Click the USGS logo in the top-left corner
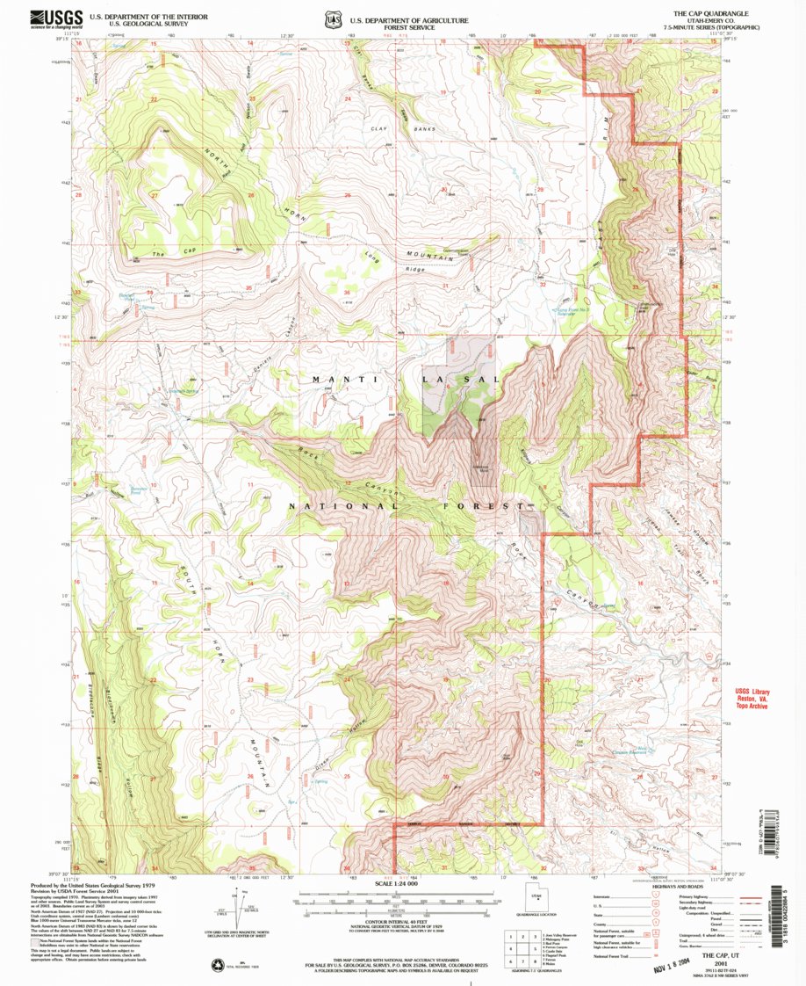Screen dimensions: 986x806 coord(57,18)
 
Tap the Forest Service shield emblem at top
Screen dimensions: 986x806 coord(332,18)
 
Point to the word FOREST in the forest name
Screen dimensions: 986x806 coord(495,507)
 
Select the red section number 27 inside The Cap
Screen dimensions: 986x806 coord(154,196)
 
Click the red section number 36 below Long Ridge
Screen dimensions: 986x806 coord(348,293)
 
